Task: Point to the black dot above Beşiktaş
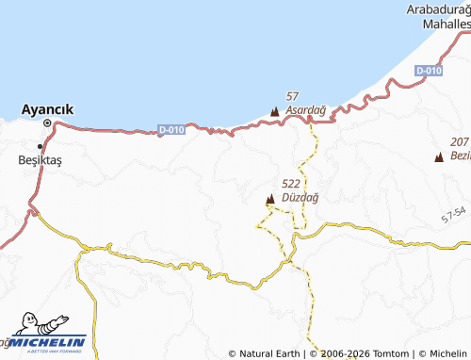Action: tap(40, 146)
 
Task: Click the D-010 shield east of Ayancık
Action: tap(171, 128)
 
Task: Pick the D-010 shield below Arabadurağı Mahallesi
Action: tap(429, 71)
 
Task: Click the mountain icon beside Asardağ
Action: tap(275, 112)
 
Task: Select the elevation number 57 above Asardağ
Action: tap(292, 97)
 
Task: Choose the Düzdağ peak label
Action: tap(300, 197)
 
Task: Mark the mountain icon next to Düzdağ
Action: tap(270, 198)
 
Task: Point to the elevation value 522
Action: tap(290, 184)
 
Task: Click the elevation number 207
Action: tap(459, 140)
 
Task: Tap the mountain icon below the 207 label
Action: tap(439, 156)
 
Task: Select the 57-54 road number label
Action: tap(453, 216)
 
